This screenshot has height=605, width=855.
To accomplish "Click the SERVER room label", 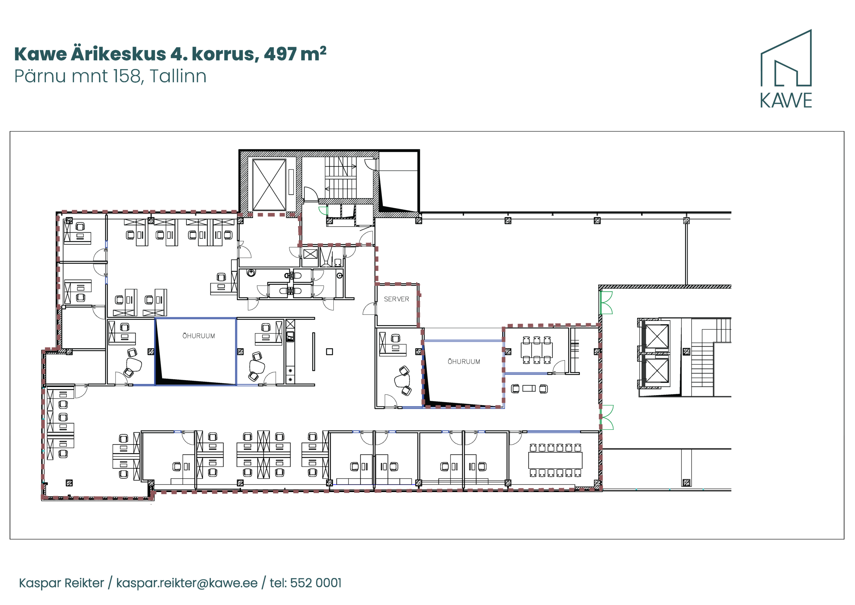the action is tap(396, 299).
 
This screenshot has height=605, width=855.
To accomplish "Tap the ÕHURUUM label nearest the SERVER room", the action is tap(464, 361).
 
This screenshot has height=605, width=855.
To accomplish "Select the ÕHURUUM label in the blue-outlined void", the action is tap(198, 336).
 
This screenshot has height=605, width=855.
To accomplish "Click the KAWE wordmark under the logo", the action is tap(786, 101).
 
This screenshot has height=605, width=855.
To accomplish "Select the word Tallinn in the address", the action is tap(178, 76).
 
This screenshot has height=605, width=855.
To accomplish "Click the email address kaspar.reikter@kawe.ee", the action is tap(187, 583).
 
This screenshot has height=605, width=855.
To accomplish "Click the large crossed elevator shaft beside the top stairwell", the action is tap(269, 185).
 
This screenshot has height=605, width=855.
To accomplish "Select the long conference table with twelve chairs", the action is tap(555, 460).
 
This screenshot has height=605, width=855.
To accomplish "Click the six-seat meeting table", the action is tap(537, 350).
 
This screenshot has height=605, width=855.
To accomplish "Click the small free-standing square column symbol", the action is tap(329, 352).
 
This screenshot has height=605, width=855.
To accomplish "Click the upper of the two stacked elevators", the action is tap(657, 336).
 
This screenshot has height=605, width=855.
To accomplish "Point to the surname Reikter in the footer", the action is tap(84, 583).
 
